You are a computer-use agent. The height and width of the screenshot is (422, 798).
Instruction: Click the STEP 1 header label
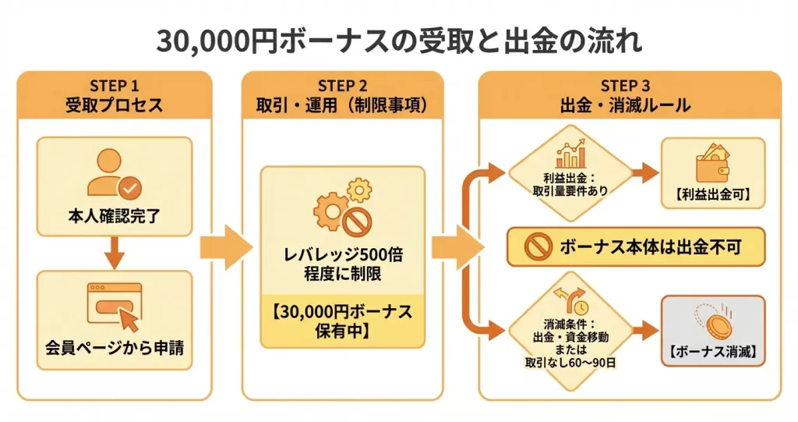pos(114,86)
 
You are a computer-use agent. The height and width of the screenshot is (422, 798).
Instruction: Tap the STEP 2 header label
pos(342,86)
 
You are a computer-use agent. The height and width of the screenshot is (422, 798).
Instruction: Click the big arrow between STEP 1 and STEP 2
pos(226,247)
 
